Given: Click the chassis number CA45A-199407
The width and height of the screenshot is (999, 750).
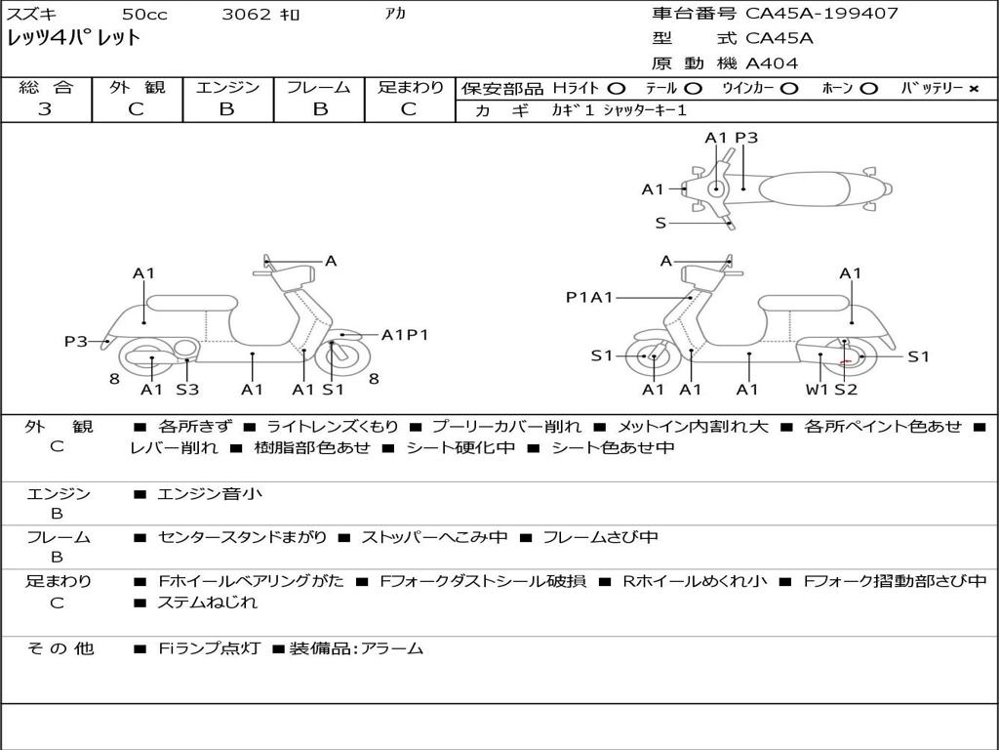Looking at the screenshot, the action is [x=821, y=13].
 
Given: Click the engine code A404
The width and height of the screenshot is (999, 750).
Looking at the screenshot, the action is [x=772, y=63].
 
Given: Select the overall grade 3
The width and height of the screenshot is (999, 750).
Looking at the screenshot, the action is [x=45, y=109].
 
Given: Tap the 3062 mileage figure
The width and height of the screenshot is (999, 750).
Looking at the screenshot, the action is [x=247, y=14].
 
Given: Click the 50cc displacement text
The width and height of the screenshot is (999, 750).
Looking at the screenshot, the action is [x=144, y=14].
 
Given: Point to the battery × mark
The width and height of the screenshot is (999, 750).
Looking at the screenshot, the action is [x=974, y=89].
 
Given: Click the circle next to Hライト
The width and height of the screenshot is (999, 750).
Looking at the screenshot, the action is [x=617, y=89].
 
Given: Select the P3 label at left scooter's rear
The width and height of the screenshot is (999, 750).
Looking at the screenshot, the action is [x=76, y=341].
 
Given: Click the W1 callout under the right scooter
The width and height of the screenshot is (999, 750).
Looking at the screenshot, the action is [x=818, y=389].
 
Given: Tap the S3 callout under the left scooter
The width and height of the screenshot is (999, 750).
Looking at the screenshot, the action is [x=187, y=389].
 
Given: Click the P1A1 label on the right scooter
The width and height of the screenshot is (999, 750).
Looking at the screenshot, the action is [x=589, y=297].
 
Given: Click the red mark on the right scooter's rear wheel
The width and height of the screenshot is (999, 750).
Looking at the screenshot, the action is [x=846, y=361].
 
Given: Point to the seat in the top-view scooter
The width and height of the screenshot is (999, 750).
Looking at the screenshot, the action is [x=804, y=188].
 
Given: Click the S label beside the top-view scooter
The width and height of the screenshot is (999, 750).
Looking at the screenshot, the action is [x=660, y=224].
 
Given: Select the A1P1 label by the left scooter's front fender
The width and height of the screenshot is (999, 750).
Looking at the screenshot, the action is [x=405, y=335].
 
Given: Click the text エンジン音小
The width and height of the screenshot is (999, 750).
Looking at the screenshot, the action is [x=210, y=493].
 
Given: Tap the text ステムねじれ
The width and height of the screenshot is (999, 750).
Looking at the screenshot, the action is [x=208, y=603].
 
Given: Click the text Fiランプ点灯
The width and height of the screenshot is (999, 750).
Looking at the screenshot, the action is [x=210, y=648].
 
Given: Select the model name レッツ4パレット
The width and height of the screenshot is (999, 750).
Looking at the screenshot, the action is [x=73, y=38].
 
